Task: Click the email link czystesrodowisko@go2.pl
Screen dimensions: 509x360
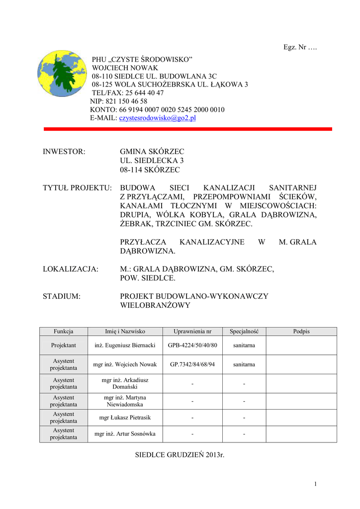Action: pyautogui.click(x=158, y=118)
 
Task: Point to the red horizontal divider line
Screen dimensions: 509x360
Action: pyautogui.click(x=188, y=129)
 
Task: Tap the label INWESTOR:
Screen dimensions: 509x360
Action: pyautogui.click(x=64, y=151)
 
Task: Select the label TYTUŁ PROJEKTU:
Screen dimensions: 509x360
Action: pyautogui.click(x=77, y=188)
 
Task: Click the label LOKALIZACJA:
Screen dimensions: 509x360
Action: pyautogui.click(x=71, y=269)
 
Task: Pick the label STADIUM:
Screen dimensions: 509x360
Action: pyautogui.click(x=62, y=296)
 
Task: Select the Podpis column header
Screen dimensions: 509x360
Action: pyautogui.click(x=301, y=331)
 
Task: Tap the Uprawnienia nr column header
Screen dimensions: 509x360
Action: pyautogui.click(x=192, y=331)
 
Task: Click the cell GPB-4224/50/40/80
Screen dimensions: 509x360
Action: pyautogui.click(x=192, y=345)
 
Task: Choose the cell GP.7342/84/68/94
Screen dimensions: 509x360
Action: pyautogui.click(x=192, y=364)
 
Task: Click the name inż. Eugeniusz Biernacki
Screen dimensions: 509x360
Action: pyautogui.click(x=125, y=345)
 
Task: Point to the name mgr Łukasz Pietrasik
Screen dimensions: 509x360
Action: pyautogui.click(x=125, y=418)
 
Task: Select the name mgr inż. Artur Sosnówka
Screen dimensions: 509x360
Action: pyautogui.click(x=125, y=434)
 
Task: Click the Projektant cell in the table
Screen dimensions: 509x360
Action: pyautogui.click(x=64, y=345)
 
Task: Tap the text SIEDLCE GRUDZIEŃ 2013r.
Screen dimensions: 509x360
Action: pyautogui.click(x=180, y=455)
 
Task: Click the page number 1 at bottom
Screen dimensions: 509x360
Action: pyautogui.click(x=315, y=484)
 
